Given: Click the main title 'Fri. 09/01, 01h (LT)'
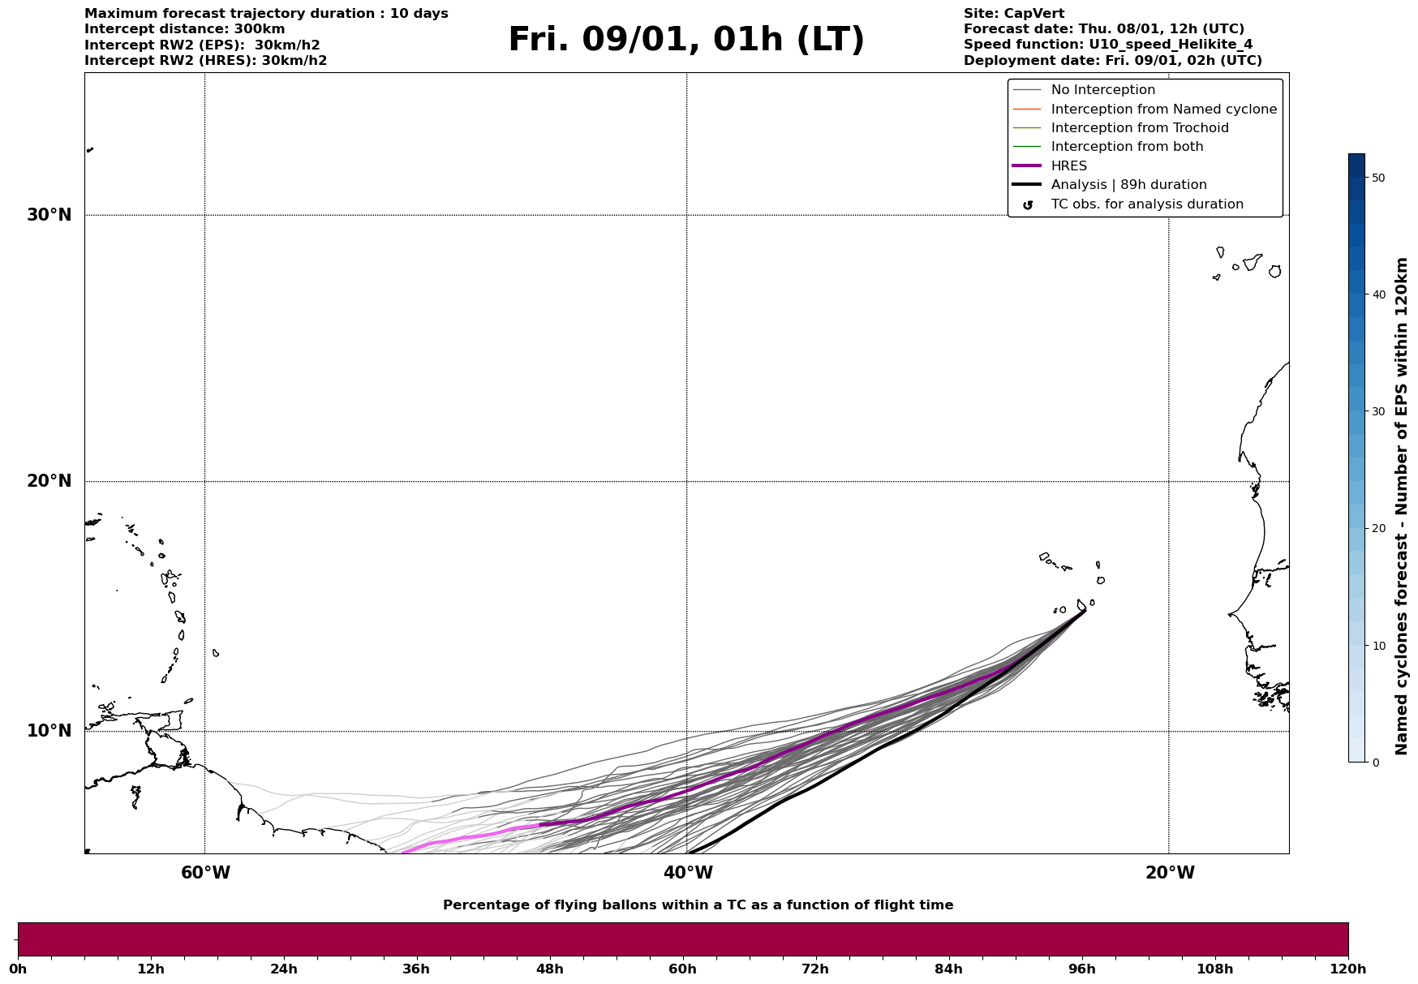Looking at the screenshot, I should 686,40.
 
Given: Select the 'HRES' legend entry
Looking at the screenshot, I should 1068,166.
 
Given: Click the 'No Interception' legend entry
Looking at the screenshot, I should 1102,90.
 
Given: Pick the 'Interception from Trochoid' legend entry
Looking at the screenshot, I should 1139,128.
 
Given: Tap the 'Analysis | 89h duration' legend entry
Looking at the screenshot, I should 1128,185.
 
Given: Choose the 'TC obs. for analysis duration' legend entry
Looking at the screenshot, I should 1146,204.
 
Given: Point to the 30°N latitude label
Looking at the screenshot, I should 49,215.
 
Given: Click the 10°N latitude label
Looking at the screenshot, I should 49,731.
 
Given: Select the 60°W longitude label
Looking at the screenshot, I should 205,873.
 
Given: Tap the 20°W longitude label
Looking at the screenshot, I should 1169,873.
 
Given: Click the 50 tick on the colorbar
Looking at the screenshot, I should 1378,178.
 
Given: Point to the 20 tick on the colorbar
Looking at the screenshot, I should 1378,529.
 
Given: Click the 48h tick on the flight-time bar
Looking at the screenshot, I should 549,969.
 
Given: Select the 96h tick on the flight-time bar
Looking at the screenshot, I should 1081,969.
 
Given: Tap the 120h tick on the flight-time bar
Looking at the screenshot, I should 1347,969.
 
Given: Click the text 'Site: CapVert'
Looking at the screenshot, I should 1013,14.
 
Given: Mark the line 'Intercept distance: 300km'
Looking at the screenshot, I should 184,29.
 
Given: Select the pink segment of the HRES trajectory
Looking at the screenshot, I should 471,836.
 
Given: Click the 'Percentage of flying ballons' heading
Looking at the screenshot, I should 698,905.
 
